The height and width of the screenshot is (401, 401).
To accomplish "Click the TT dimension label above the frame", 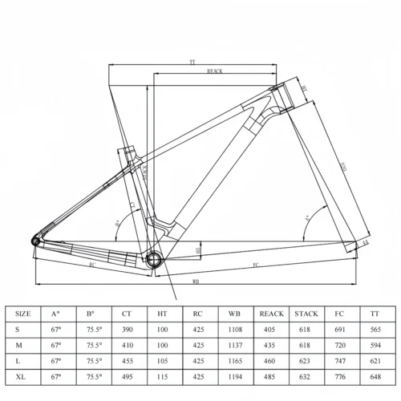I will [192, 61].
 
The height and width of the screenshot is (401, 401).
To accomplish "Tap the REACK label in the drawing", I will [214, 71].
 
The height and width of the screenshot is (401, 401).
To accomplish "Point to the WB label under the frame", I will [196, 282].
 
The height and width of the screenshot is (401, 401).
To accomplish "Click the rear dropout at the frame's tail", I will [37, 239].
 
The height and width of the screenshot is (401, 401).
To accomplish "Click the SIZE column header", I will [24, 314].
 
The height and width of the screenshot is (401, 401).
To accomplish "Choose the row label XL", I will [20, 375].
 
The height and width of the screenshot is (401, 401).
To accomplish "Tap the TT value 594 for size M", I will [373, 344].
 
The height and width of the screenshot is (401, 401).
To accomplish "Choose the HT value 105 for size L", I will [163, 359].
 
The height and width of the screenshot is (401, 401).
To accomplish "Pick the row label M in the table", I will [18, 344].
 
